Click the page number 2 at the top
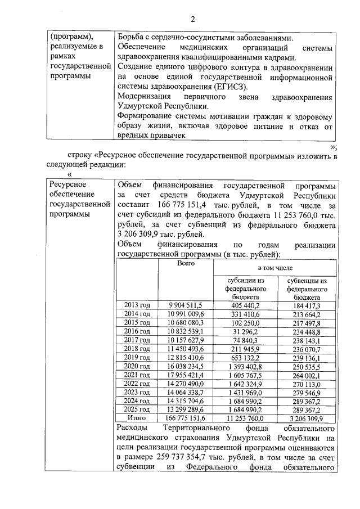coord(192,20)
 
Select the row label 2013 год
coord(137,305)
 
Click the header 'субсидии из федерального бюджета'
coord(245,289)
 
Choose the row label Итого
coord(137,418)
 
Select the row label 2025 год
coord(137,410)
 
